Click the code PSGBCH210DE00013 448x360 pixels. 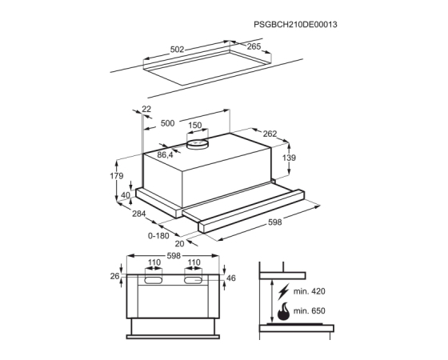point(295,25)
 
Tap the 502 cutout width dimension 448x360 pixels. point(177,50)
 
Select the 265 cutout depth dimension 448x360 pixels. point(254,46)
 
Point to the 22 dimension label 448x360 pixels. point(146,109)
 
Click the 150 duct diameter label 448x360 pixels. point(195,125)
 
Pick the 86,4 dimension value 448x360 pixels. point(166,155)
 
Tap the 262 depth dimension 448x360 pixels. point(270,134)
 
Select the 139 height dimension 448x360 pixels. point(289,158)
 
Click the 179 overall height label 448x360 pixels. point(117,176)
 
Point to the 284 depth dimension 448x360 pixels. point(139,214)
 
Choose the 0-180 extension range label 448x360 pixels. point(158,236)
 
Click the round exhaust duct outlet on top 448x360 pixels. point(197,144)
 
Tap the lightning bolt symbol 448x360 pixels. point(283,292)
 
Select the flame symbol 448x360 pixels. point(284,311)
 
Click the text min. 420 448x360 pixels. point(310,291)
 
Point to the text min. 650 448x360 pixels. point(310,310)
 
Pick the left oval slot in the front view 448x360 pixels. point(154,281)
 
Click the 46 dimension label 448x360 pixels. point(231,278)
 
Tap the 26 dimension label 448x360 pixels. point(114,276)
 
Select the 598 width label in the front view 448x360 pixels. point(174,256)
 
